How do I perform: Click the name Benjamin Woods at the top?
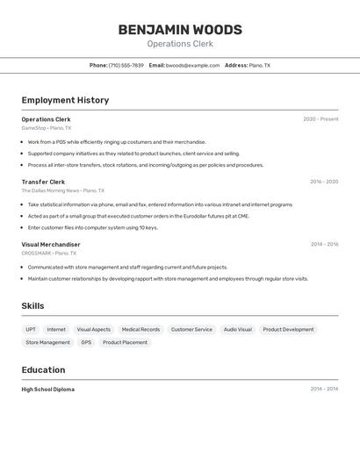pos(180,30)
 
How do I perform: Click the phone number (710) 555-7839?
pos(126,65)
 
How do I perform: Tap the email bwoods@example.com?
pos(192,65)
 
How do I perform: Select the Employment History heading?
pos(65,100)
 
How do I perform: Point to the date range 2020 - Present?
pos(320,119)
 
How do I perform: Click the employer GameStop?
pos(33,128)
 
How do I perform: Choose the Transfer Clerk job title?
pos(43,182)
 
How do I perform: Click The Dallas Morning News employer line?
pos(50,190)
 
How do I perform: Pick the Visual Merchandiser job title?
pos(51,245)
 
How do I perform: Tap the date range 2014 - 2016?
pos(324,245)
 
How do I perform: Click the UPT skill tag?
pos(31,330)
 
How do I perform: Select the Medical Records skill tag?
pos(140,330)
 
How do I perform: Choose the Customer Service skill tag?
pos(191,330)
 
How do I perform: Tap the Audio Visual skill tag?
pos(237,330)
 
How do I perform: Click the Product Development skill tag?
pos(288,330)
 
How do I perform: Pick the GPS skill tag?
pos(86,342)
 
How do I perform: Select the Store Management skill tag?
pos(47,342)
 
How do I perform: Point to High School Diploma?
pos(48,389)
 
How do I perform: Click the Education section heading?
pos(43,370)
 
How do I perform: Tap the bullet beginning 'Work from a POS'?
pos(117,142)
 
